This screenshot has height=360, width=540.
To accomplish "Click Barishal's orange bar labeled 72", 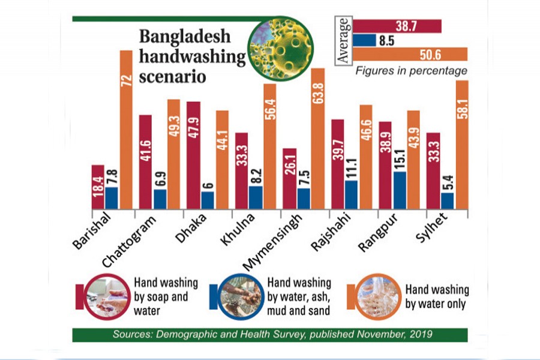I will (125, 129).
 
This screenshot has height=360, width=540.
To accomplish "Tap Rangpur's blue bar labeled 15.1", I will (398, 190).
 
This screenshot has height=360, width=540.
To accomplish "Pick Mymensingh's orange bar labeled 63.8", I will (317, 138).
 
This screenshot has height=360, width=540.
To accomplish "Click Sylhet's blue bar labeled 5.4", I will (447, 201).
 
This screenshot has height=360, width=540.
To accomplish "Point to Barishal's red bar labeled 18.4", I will (98, 187).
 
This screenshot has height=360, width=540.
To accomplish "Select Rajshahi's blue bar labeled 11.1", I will (352, 194).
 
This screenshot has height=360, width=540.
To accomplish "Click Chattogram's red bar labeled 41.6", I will (145, 161).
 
